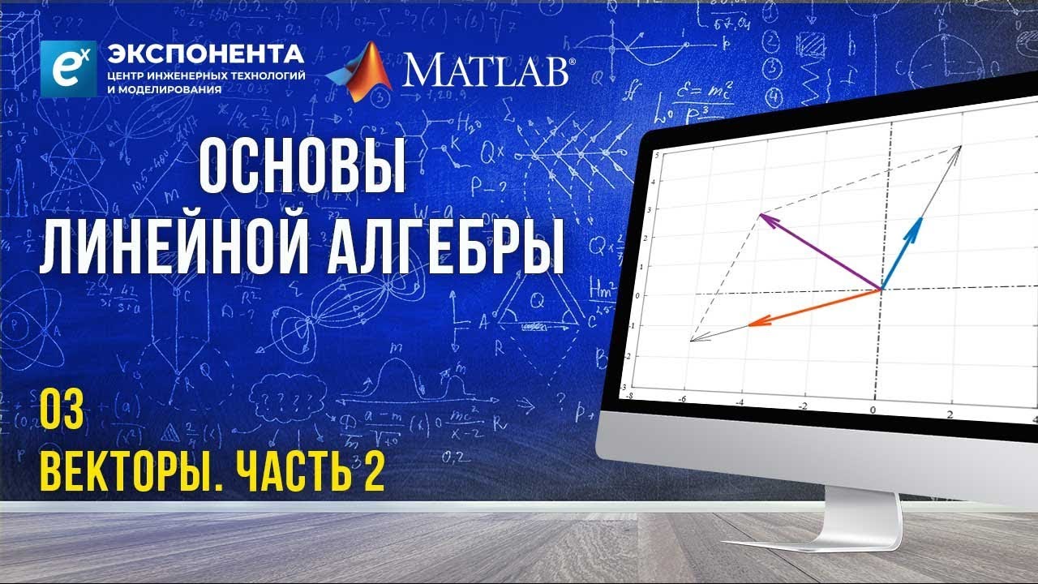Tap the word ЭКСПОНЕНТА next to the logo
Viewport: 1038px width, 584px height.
(206, 55)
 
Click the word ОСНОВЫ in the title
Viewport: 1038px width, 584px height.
(302, 166)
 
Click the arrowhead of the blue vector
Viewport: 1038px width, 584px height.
(918, 224)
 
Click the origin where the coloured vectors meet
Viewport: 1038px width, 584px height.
(881, 288)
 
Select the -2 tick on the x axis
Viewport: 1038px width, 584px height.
(802, 406)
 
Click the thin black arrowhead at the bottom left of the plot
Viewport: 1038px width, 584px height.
(695, 339)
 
